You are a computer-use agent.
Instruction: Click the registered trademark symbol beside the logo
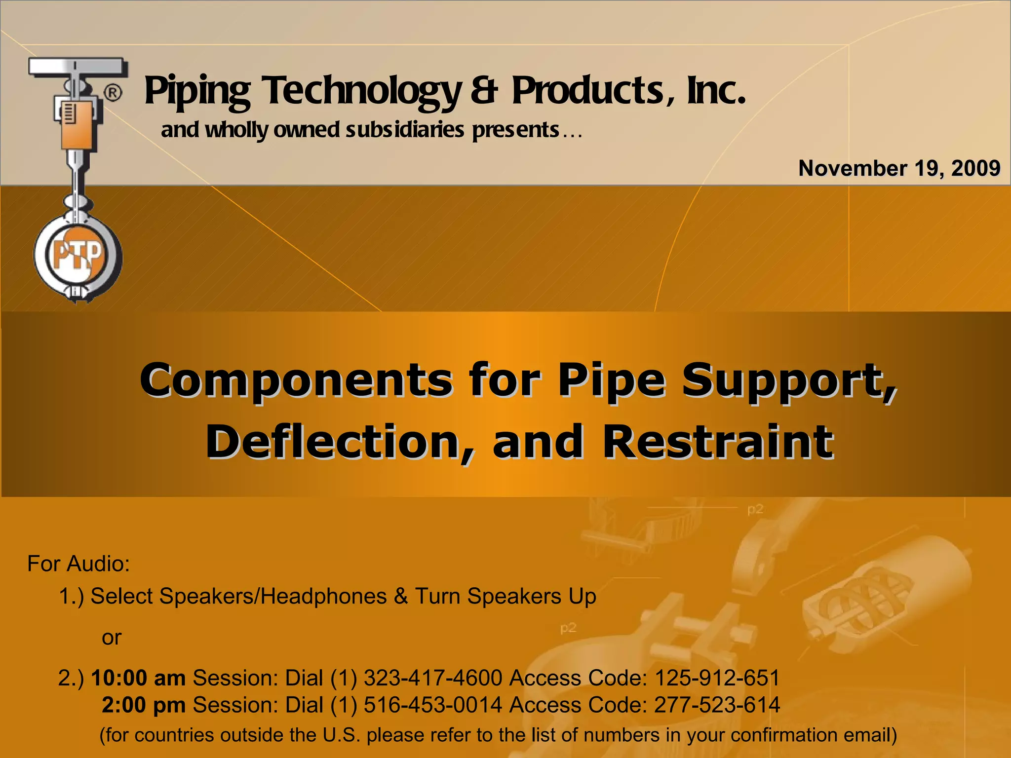pos(113,93)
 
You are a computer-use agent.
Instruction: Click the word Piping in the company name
pos(197,91)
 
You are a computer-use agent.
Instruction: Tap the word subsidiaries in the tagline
pos(405,130)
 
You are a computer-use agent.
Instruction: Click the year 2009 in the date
pos(975,168)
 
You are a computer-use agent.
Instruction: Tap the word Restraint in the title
pos(718,442)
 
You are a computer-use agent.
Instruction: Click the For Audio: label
pos(78,564)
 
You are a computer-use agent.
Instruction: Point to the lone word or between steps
pos(112,638)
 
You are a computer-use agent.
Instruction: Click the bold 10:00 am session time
pos(138,678)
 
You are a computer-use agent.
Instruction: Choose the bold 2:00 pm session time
pos(144,705)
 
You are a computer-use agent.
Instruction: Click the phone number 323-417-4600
pos(433,678)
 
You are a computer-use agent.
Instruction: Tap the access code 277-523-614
pos(717,705)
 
